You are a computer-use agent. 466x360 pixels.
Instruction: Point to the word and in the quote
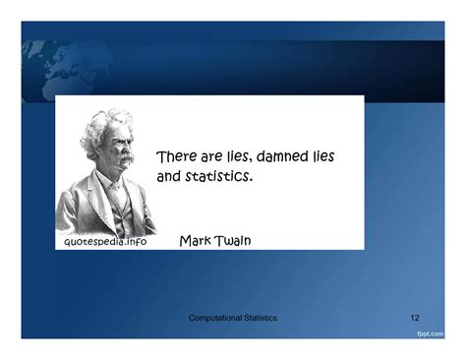tap(170, 178)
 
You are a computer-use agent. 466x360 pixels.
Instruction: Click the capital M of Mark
tap(186, 241)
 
